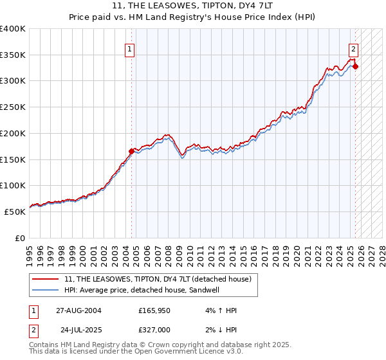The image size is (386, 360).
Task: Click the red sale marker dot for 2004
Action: point(132,152)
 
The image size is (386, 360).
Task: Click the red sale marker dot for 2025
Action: point(355,66)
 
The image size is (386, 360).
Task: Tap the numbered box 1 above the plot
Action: point(130,48)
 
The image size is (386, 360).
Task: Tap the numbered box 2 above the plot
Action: point(353,48)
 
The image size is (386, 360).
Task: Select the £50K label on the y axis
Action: point(15,211)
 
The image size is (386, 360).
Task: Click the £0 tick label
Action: point(21,237)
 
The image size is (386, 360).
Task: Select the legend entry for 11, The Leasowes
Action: point(161,279)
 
